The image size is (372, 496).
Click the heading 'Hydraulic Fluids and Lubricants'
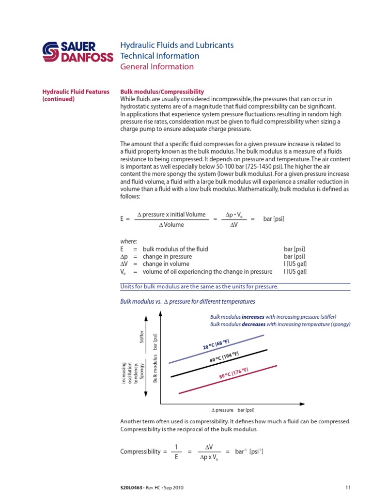pyautogui.click(x=177, y=46)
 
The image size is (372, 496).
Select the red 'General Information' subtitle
pyautogui.click(x=156, y=66)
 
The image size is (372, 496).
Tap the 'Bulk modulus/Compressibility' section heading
pyautogui.click(x=162, y=92)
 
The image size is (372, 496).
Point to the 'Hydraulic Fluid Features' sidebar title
pyautogui.click(x=76, y=92)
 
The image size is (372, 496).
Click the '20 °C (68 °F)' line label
pyautogui.click(x=219, y=345)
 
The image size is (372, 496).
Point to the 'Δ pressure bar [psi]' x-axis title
pyautogui.click(x=233, y=410)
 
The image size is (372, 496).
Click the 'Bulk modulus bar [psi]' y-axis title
pyautogui.click(x=155, y=358)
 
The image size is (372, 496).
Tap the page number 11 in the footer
pyautogui.click(x=348, y=487)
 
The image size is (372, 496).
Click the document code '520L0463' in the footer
pyautogui.click(x=131, y=487)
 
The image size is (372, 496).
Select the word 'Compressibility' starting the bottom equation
pyautogui.click(x=140, y=451)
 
